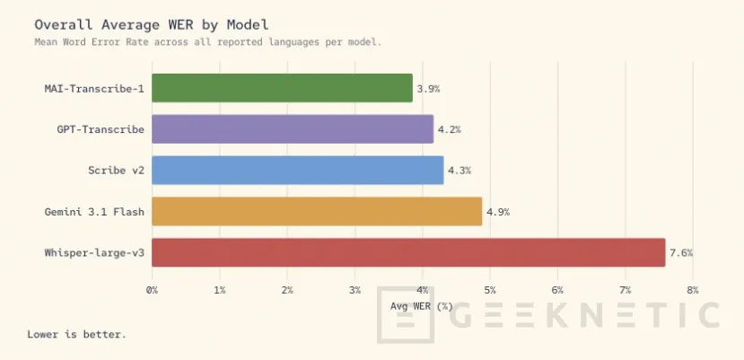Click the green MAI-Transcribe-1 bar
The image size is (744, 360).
pyautogui.click(x=282, y=88)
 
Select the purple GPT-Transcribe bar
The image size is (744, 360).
pyautogui.click(x=292, y=129)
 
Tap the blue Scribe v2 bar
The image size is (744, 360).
pyautogui.click(x=297, y=170)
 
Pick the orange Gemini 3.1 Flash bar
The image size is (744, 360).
pyautogui.click(x=317, y=211)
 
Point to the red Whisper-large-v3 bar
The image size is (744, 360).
pyautogui.click(x=408, y=252)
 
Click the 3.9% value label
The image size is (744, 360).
pyautogui.click(x=428, y=89)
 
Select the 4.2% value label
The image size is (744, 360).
pyautogui.click(x=449, y=129)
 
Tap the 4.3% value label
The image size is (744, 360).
pyautogui.click(x=459, y=171)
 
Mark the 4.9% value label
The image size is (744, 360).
pyautogui.click(x=498, y=212)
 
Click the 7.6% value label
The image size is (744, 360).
pyautogui.click(x=680, y=253)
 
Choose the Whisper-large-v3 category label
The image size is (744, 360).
pyautogui.click(x=94, y=253)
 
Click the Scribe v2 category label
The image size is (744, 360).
pyautogui.click(x=116, y=171)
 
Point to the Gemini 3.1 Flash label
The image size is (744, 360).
pyautogui.click(x=94, y=212)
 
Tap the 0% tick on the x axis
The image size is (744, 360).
pyautogui.click(x=152, y=290)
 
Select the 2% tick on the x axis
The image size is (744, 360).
pyautogui.click(x=287, y=290)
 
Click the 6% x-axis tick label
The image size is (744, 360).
pyautogui.click(x=557, y=290)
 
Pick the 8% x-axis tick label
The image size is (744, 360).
pyautogui.click(x=692, y=290)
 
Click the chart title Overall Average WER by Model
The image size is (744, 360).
pyautogui.click(x=151, y=23)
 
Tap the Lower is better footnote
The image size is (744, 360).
pyautogui.click(x=77, y=335)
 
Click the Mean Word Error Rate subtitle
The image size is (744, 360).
pyautogui.click(x=207, y=41)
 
